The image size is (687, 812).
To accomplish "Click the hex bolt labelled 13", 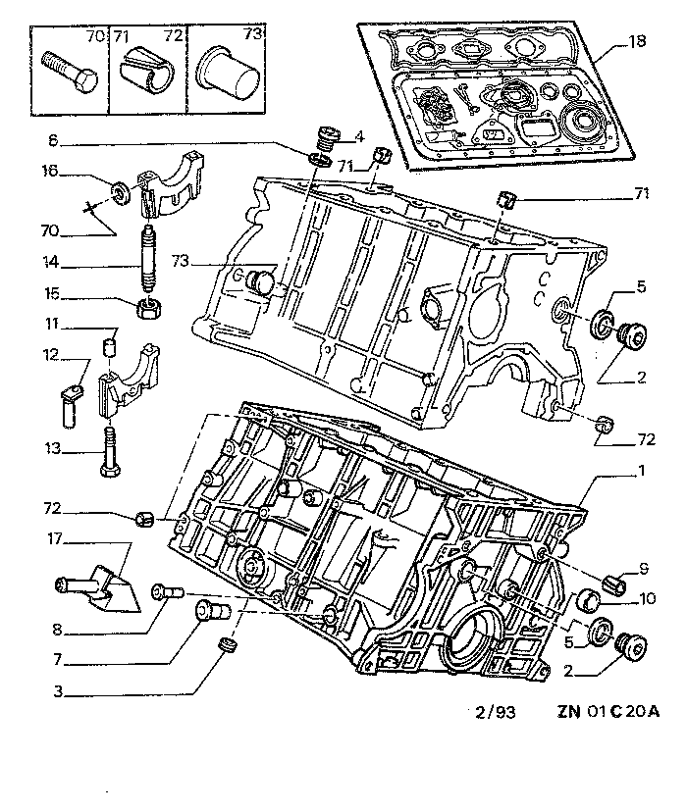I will click(x=108, y=452).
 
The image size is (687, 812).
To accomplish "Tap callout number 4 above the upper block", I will click(x=360, y=134).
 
